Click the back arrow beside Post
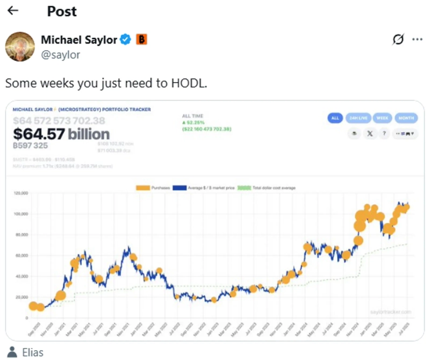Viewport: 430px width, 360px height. (x=13, y=11)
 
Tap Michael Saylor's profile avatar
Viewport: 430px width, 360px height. (x=20, y=46)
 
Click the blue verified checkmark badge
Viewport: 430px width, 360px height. (x=126, y=39)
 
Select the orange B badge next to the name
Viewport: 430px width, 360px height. (x=141, y=39)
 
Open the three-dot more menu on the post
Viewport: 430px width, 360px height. (x=417, y=39)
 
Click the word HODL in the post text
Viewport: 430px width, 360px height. (x=189, y=84)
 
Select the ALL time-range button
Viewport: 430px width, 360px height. (x=334, y=118)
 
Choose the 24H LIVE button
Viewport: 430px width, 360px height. (x=358, y=118)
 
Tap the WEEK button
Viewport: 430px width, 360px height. (x=382, y=118)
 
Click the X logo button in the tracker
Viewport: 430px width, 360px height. (x=370, y=134)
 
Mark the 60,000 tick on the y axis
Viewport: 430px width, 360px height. (x=20, y=255)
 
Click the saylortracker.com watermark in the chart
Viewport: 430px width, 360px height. (x=391, y=312)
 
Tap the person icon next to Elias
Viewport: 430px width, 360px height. (x=12, y=353)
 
